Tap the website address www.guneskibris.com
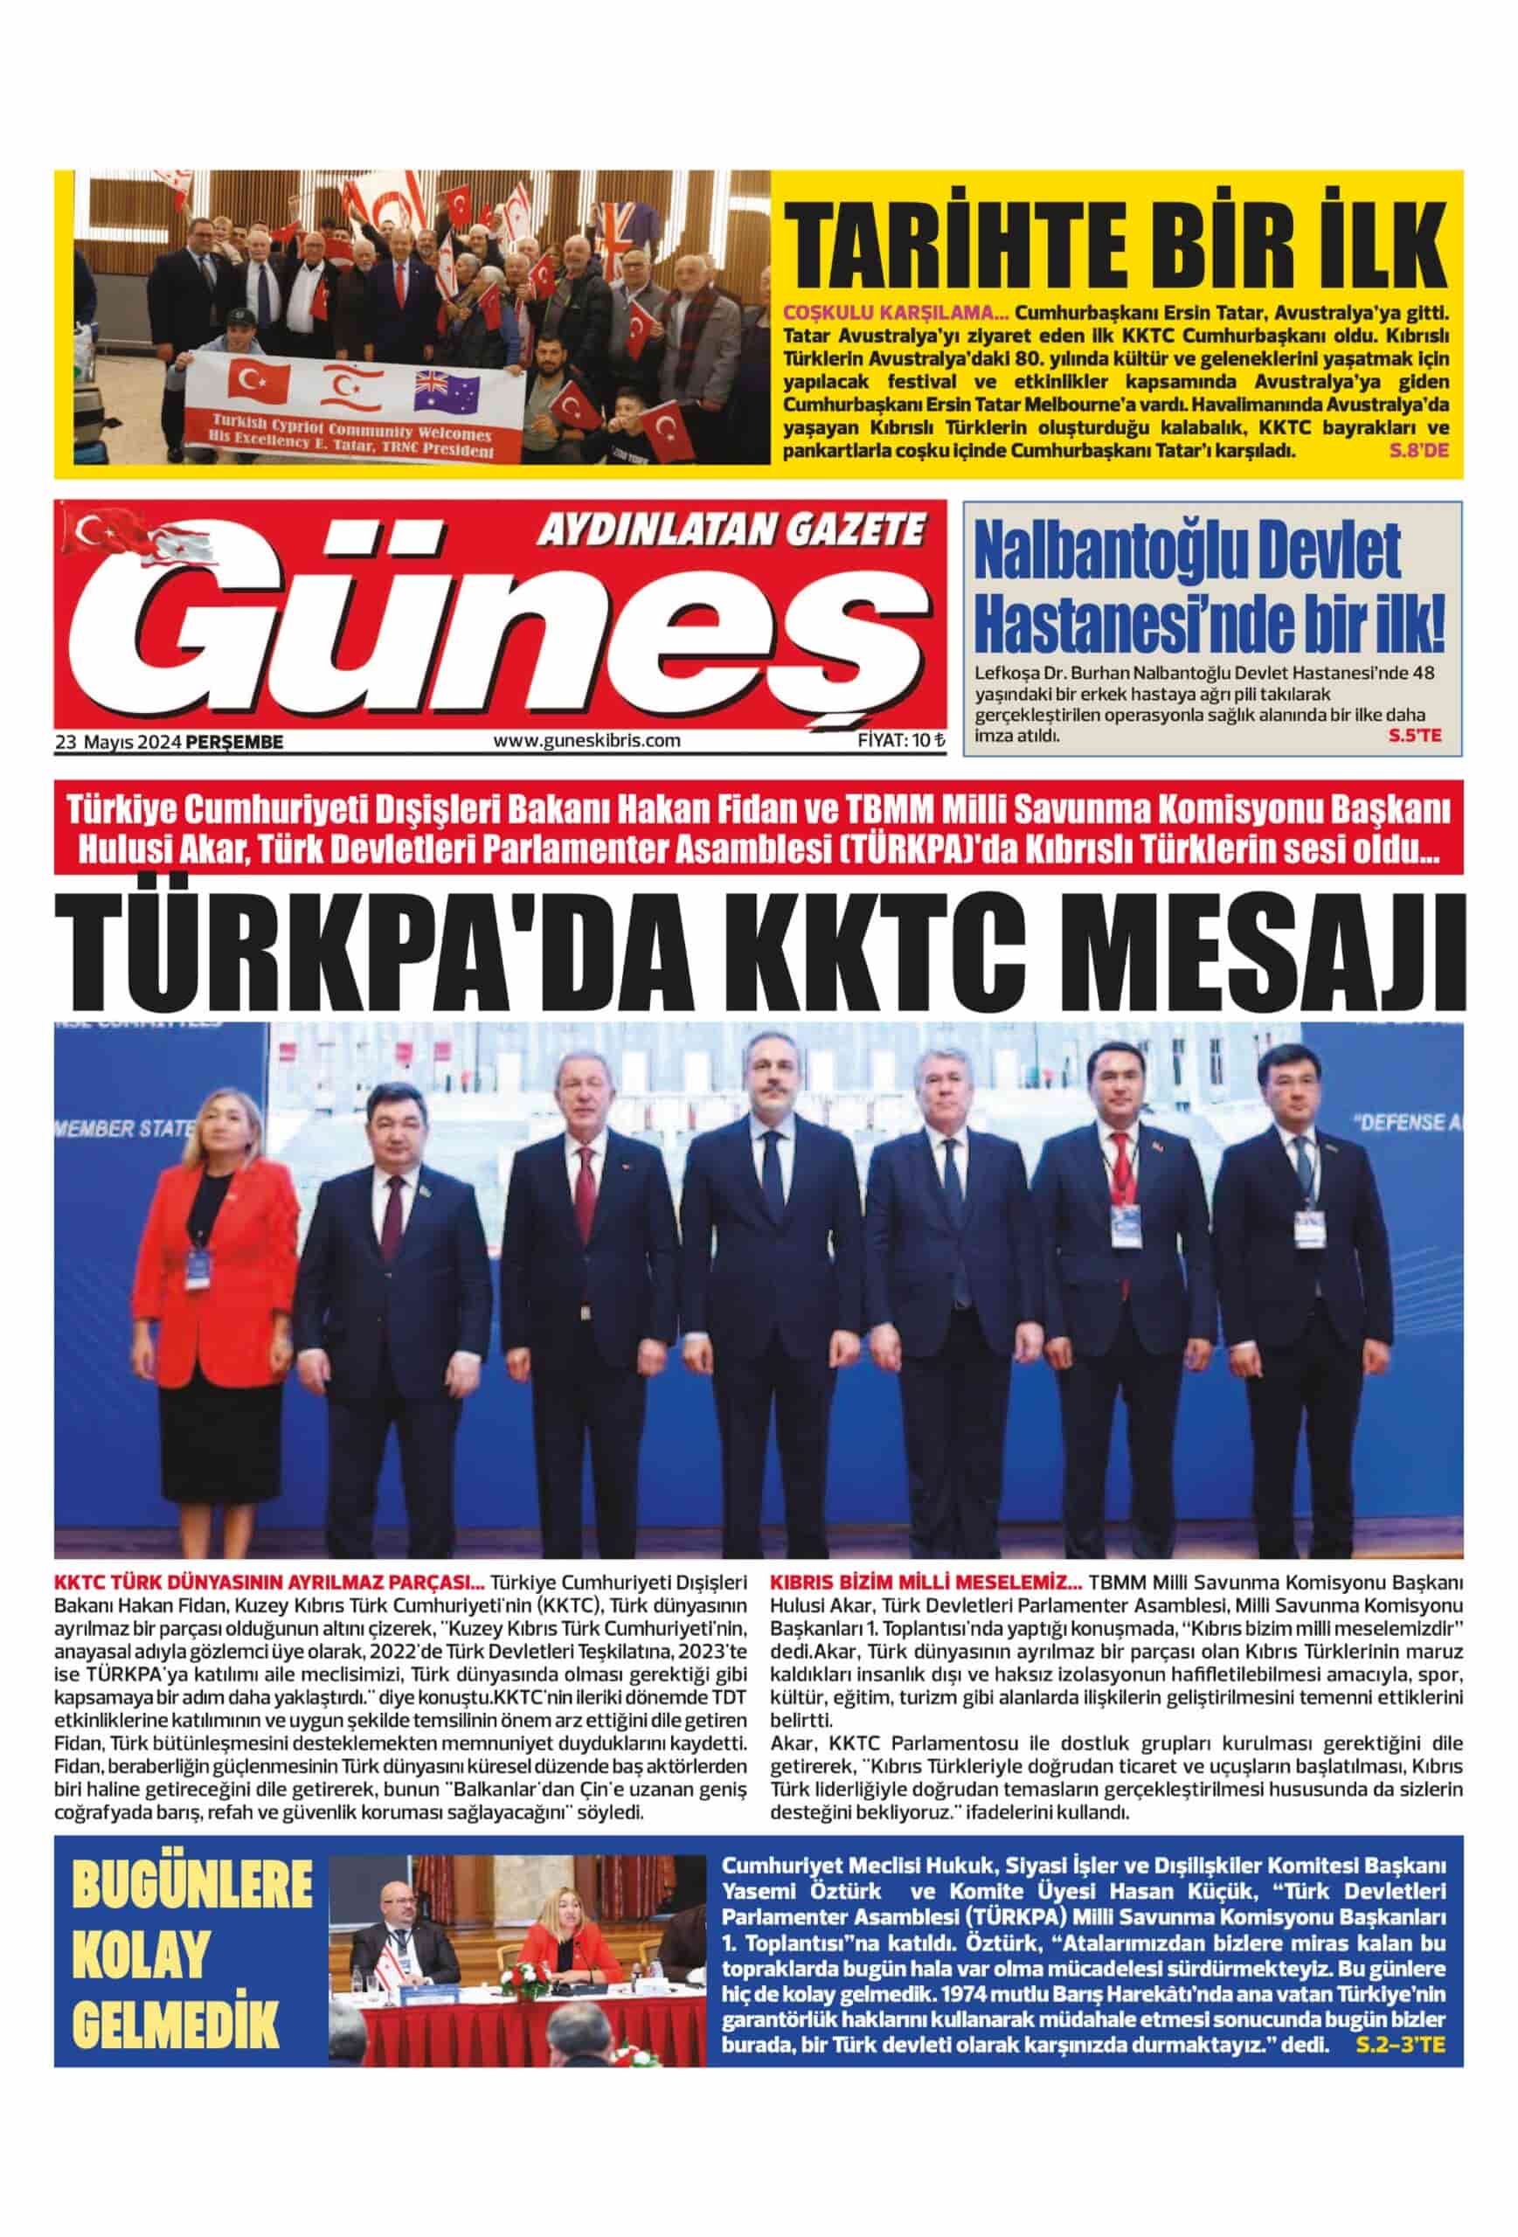(586, 740)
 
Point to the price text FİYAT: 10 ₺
(901, 740)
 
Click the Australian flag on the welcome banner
(447, 390)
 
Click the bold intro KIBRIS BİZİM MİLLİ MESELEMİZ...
(926, 1583)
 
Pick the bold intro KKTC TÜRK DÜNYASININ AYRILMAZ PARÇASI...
(269, 1583)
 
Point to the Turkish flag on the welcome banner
(259, 382)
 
